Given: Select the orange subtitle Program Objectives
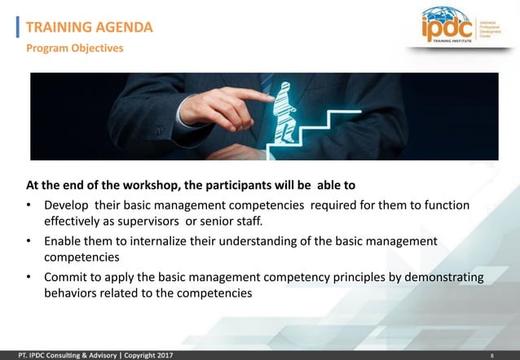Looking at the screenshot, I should (x=74, y=48).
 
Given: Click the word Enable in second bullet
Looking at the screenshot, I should (x=63, y=241).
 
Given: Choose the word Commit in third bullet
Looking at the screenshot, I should (x=66, y=278).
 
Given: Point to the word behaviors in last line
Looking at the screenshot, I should (x=72, y=293).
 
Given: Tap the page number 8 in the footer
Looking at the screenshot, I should (x=492, y=356).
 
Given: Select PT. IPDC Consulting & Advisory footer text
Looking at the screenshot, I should (x=59, y=356).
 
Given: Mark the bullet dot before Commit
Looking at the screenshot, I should (x=30, y=278).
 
